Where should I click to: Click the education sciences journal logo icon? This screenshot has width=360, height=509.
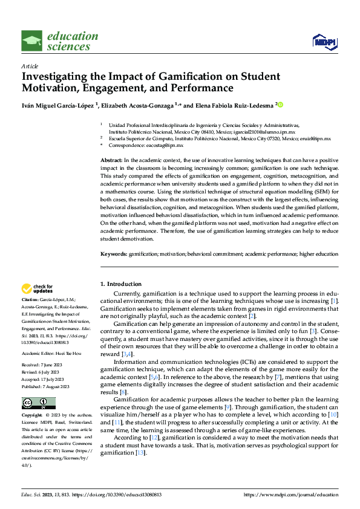(32, 41)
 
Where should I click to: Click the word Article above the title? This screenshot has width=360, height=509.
(30, 66)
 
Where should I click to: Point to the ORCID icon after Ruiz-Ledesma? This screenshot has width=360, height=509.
(280, 105)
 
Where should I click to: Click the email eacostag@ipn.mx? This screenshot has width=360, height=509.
(151, 145)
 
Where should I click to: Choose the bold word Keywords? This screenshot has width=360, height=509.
(113, 254)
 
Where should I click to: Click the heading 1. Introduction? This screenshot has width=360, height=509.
(121, 284)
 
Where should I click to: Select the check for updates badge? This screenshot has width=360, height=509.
(38, 288)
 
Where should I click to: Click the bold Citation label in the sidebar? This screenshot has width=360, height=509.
(31, 300)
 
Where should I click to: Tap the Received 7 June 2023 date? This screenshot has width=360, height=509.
(46, 365)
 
